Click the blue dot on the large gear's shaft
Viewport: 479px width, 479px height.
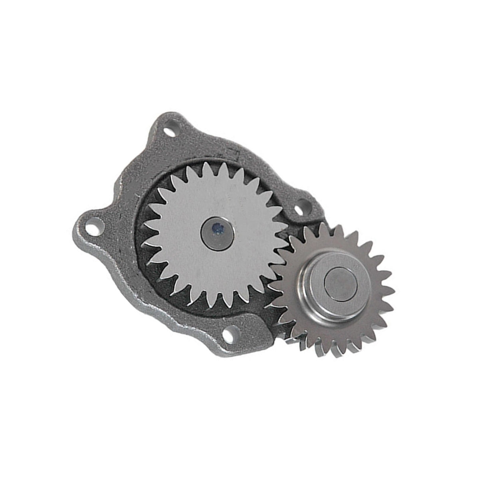tap(218, 228)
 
